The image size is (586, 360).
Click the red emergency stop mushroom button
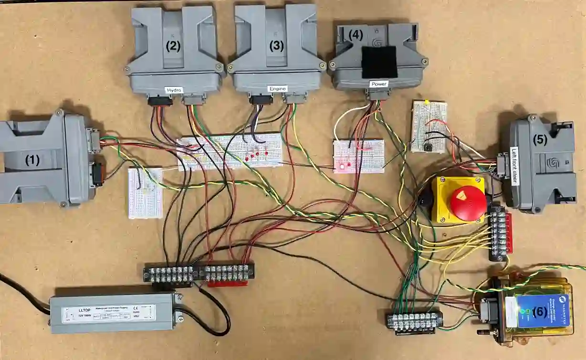tap(468, 203)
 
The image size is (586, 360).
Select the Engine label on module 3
tap(277, 89)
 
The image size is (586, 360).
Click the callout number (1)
tap(32, 161)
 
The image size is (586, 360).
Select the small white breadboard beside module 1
tap(145, 193)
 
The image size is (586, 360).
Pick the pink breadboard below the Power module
tap(359, 156)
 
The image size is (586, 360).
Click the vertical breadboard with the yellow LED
tap(429, 127)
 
